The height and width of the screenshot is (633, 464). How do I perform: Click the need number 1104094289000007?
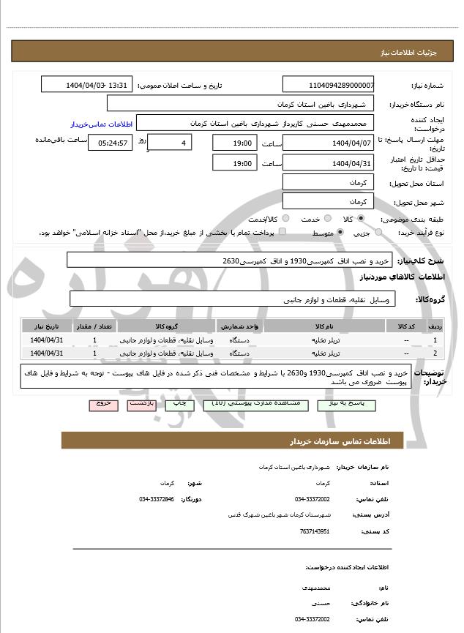[x=328, y=85]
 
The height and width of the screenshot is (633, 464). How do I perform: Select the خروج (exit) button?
[x=102, y=404]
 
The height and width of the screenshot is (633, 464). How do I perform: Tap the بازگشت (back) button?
[x=141, y=404]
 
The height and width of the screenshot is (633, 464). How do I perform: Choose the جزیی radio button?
[x=378, y=233]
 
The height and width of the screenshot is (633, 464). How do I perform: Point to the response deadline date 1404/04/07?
[x=328, y=142]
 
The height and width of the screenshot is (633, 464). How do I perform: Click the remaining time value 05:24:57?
[x=112, y=142]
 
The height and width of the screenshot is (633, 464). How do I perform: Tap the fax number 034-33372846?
[x=157, y=499]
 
